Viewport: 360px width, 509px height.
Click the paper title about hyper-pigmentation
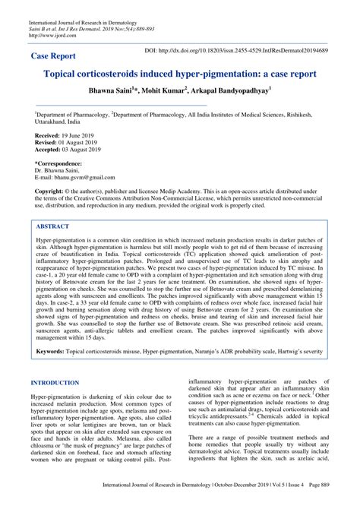(x=180, y=77)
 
